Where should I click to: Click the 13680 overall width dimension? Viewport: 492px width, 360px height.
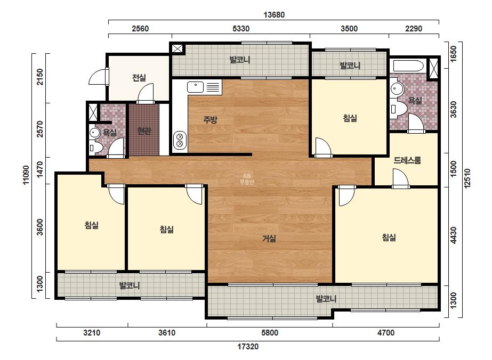pos(274,15)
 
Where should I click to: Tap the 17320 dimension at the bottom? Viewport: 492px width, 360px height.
pos(248,347)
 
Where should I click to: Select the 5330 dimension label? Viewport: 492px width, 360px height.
pos(241,29)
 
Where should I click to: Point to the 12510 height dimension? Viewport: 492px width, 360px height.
pos(467,178)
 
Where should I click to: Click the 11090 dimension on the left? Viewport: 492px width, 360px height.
pos(26,175)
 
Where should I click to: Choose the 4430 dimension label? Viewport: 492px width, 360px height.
pos(454,235)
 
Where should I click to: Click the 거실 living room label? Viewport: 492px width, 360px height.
pos(269,239)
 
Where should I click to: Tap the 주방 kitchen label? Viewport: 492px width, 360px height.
pos(210,119)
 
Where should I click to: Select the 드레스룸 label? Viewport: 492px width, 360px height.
pos(407,160)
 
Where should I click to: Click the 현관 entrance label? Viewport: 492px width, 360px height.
pos(144,131)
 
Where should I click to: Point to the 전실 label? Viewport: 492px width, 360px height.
pos(139,77)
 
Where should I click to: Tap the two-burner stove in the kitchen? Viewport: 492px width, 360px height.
pos(180,140)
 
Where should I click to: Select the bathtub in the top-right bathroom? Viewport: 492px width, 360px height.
pos(408,66)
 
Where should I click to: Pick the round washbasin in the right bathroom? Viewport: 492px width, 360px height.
pos(397,89)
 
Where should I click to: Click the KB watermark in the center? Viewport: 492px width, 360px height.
pos(247,176)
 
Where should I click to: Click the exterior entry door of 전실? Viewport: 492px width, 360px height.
pos(98,77)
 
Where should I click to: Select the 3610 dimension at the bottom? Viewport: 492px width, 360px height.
pos(167,332)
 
